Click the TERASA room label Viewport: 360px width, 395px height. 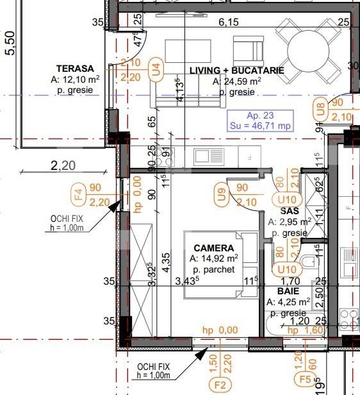tap(75, 69)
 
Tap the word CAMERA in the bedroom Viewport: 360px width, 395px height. tap(214, 248)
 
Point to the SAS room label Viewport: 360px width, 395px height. tap(290, 210)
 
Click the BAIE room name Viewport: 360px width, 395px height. tap(288, 290)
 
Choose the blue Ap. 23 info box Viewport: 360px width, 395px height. tap(261, 121)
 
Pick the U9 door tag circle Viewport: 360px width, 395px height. tap(221, 195)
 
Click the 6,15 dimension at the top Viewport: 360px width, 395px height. tap(228, 22)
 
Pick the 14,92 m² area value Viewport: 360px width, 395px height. tap(214, 258)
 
